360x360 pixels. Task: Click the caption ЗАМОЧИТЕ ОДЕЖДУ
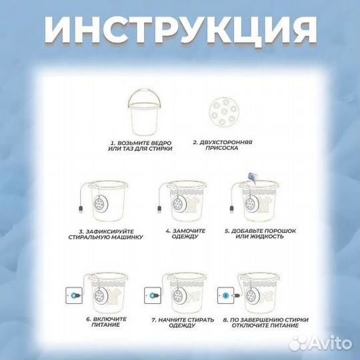[x=186, y=234]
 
